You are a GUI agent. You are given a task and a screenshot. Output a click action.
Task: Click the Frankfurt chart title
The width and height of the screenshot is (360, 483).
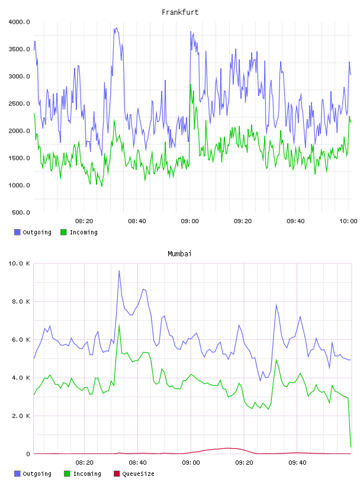pos(180,12)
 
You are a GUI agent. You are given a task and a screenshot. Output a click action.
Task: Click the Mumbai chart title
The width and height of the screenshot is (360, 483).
pos(179,254)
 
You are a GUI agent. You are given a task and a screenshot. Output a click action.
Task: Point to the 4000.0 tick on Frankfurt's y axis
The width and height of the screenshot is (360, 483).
pos(19,22)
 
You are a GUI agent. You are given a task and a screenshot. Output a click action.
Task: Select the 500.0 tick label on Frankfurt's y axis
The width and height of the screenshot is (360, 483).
pos(21,212)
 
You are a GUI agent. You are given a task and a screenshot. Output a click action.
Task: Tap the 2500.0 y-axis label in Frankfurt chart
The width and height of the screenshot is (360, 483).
pos(19,104)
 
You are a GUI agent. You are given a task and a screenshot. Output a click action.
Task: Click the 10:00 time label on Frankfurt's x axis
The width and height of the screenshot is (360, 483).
pos(348,221)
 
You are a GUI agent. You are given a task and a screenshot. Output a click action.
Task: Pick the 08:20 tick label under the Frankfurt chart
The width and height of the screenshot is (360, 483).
pos(84,221)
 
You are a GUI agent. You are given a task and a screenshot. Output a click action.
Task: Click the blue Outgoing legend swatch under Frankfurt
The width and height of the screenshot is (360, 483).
pos(17,232)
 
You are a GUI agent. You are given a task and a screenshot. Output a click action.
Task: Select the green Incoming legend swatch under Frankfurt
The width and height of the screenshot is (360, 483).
pos(63,232)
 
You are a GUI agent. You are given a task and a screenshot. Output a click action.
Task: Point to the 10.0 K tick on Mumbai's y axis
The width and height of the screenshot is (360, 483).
pos(19,263)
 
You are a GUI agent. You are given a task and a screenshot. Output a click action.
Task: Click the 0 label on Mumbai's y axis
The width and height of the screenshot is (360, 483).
pos(28,454)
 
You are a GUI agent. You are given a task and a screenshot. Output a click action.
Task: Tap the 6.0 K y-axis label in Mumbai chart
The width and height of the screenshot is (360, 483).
pos(21,339)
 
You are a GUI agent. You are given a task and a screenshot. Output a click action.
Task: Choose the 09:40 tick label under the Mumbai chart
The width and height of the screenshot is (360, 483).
pos(297,463)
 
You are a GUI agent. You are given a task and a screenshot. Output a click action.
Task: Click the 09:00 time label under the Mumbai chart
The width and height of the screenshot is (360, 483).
pos(191,463)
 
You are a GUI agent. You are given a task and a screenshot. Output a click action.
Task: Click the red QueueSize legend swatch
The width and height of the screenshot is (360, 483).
pos(117,474)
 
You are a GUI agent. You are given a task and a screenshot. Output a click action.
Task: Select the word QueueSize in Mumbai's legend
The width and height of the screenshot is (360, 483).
pos(138,474)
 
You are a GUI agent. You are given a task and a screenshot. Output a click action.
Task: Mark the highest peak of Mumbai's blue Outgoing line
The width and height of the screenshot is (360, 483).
pos(119,271)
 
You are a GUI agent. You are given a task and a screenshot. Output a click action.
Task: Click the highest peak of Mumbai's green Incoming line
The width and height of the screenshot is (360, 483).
pos(119,325)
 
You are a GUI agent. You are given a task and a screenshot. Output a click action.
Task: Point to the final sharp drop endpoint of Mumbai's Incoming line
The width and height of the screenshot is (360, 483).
pos(351,446)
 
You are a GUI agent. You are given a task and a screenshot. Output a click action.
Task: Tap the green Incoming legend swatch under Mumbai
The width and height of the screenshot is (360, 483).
pos(67,474)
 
